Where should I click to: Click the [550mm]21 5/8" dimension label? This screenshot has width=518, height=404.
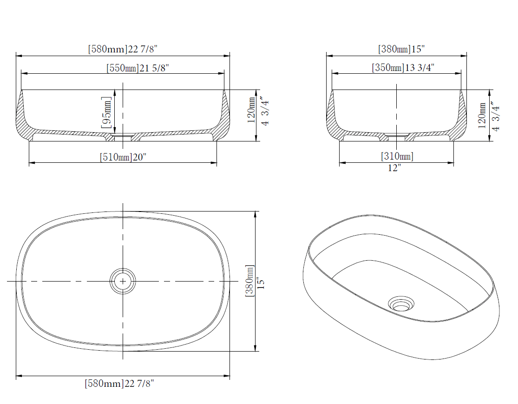coord(137,68)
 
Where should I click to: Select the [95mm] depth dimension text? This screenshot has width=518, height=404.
coord(106,112)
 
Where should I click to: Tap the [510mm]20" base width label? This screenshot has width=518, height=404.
coord(123,157)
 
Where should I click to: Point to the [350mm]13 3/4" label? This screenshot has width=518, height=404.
coord(403,68)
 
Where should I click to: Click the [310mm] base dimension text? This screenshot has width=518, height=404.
coord(397,156)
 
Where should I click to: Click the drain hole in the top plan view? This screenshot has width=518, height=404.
coord(123,281)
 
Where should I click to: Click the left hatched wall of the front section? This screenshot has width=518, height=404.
coord(20,116)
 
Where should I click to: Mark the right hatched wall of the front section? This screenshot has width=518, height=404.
coord(225,116)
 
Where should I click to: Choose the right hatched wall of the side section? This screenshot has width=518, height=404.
coord(462,116)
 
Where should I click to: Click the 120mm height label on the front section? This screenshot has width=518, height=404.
coord(251,110)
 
